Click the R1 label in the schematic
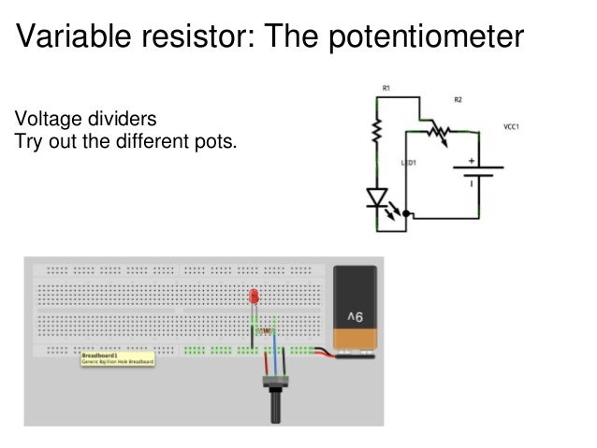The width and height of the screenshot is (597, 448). (386, 88)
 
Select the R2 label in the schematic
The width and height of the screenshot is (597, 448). (457, 98)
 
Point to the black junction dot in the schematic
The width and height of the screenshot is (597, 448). (408, 214)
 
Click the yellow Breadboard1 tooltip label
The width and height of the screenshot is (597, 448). (116, 358)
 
